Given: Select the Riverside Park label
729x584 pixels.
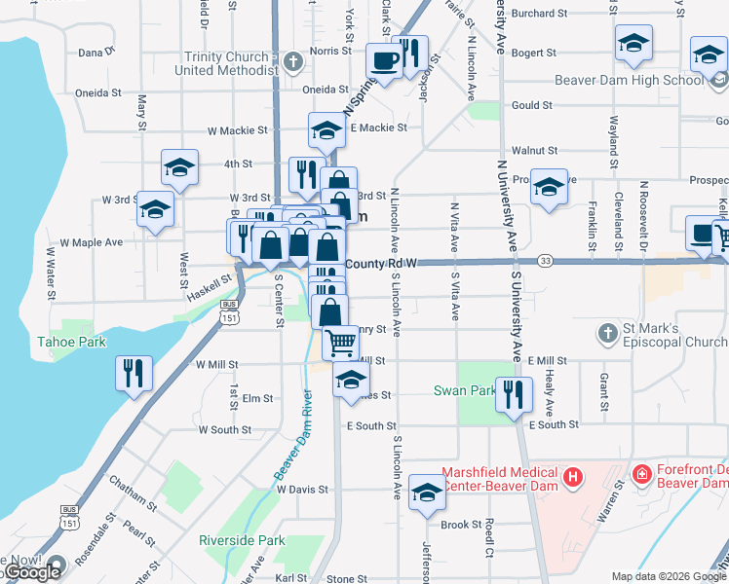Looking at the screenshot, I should [x=242, y=540].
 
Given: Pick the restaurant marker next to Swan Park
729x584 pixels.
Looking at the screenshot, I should [x=513, y=394].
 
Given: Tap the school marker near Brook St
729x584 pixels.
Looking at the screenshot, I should [x=426, y=493].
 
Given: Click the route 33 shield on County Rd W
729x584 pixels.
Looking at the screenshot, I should [x=545, y=262].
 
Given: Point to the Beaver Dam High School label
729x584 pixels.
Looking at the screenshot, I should [x=628, y=80].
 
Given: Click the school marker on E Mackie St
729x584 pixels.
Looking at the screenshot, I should [x=326, y=129].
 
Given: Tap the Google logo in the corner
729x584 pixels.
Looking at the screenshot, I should [x=31, y=572].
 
